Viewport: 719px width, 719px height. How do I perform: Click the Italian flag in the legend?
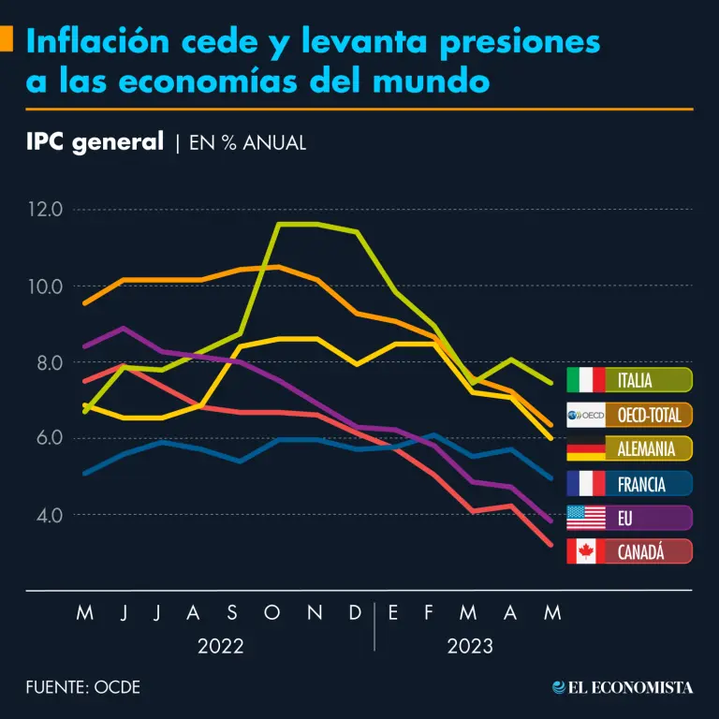coord(586,379)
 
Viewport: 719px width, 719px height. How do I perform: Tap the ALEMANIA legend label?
coord(646,448)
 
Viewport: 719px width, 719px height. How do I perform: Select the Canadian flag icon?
coord(586,552)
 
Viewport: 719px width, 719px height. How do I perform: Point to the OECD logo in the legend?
coord(586,414)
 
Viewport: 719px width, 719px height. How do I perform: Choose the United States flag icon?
coord(586,518)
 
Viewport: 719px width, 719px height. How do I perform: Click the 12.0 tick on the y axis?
coord(45,209)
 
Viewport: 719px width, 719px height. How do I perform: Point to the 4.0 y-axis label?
coord(45,515)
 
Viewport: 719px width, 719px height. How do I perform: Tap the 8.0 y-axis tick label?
coord(45,362)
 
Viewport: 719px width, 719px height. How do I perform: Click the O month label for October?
coord(272,613)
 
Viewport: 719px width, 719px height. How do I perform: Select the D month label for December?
coord(355,613)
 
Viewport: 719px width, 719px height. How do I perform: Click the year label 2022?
coord(220,646)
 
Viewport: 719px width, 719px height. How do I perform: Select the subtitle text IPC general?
coord(95,142)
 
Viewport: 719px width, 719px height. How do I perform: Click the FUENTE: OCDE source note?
coord(83,687)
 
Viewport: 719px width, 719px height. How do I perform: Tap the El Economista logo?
coord(623,687)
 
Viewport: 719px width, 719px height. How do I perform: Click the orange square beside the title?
coord(6,40)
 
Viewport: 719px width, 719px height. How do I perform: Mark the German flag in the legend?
coord(586,448)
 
